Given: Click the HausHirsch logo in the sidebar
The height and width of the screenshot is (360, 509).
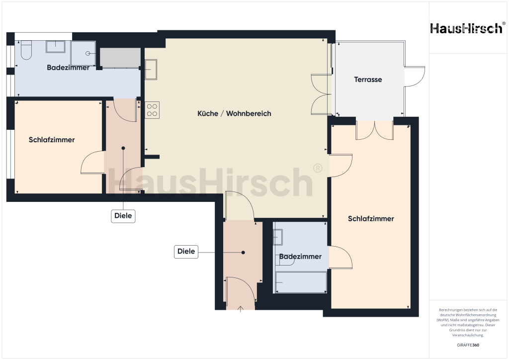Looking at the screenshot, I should pyautogui.click(x=466, y=28).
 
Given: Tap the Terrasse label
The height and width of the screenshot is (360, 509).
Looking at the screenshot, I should pyautogui.click(x=368, y=80).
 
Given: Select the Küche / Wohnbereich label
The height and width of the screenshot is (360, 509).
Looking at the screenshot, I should pyautogui.click(x=234, y=114).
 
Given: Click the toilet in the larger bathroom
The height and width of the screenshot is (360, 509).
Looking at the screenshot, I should pyautogui.click(x=26, y=49).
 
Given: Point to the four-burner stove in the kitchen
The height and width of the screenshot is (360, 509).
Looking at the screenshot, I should pyautogui.click(x=153, y=110).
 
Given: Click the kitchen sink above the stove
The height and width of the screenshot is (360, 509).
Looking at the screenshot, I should pyautogui.click(x=151, y=70).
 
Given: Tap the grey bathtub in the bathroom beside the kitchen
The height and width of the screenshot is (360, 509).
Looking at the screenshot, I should pyautogui.click(x=119, y=58).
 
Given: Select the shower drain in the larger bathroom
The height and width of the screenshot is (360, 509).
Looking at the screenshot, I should pyautogui.click(x=88, y=53).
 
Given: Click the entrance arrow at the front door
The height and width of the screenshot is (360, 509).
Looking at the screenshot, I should pyautogui.click(x=241, y=309).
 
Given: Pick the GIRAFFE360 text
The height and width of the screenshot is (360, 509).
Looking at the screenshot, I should pyautogui.click(x=468, y=345).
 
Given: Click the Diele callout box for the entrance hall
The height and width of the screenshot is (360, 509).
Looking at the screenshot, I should pyautogui.click(x=186, y=252).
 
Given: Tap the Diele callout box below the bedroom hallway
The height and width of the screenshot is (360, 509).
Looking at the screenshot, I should pyautogui.click(x=123, y=216).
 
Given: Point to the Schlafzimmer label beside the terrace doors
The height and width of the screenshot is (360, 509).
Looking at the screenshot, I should pyautogui.click(x=371, y=219).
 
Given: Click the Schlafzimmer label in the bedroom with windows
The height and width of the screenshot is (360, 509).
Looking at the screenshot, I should pyautogui.click(x=52, y=140).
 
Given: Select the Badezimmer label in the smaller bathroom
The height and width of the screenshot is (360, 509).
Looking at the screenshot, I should pyautogui.click(x=300, y=257).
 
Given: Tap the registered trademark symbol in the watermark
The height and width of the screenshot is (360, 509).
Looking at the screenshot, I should pyautogui.click(x=317, y=169).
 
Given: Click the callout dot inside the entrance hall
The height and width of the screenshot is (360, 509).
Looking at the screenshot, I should pyautogui.click(x=243, y=253).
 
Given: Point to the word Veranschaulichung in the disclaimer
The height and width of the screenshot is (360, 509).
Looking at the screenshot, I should pyautogui.click(x=468, y=335).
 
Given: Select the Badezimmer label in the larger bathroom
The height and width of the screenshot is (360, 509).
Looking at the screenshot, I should pyautogui.click(x=68, y=68).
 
